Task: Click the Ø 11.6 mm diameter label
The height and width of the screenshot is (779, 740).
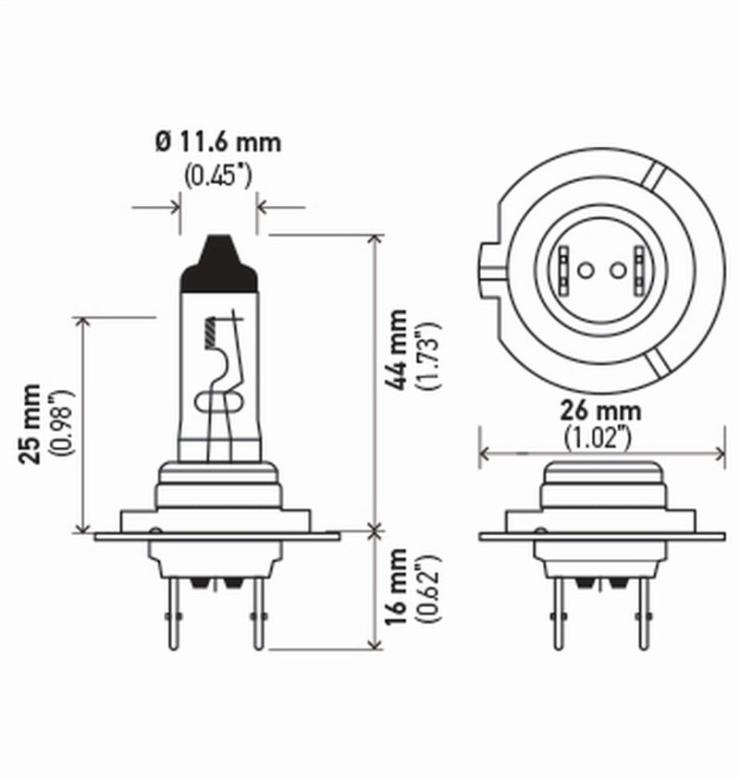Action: pos(218,143)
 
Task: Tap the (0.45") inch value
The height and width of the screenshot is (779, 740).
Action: pos(218,175)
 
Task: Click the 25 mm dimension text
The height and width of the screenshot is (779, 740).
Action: pos(33,421)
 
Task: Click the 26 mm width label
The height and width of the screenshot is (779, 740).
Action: pos(602,410)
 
